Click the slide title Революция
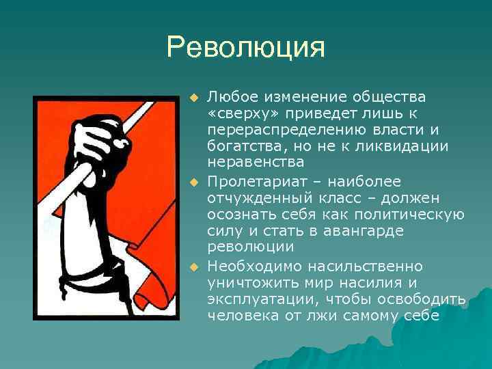point(245,49)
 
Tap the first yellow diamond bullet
point(193,96)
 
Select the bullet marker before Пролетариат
point(193,182)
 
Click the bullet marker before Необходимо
point(193,266)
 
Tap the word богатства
point(245,146)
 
